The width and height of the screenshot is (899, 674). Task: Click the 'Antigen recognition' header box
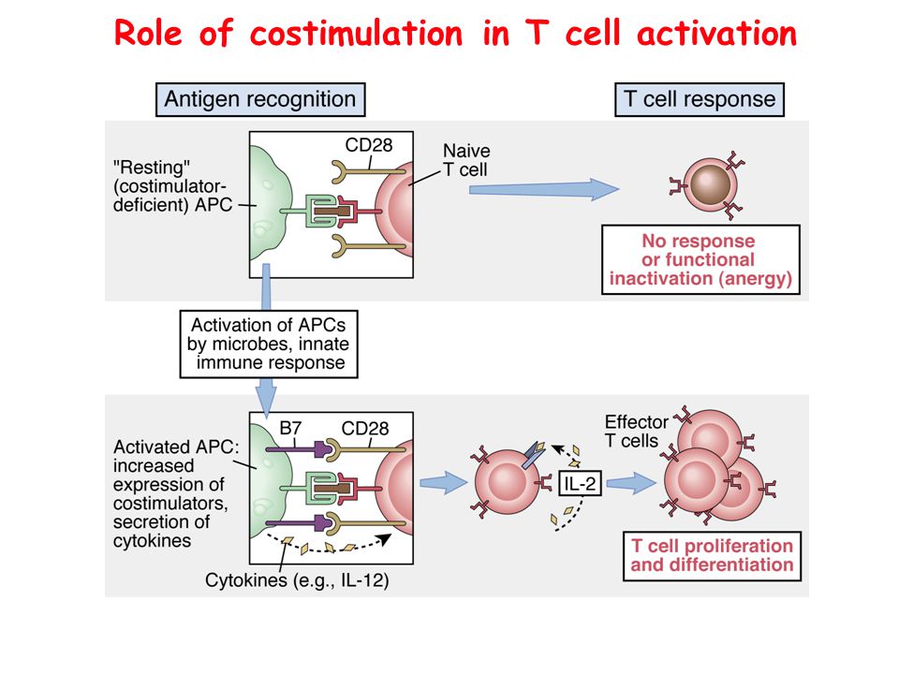pyautogui.click(x=260, y=100)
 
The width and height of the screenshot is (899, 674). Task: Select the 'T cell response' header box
pyautogui.click(x=699, y=100)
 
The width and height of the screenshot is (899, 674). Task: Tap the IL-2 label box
pyautogui.click(x=580, y=483)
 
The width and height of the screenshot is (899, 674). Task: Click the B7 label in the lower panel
pyautogui.click(x=290, y=428)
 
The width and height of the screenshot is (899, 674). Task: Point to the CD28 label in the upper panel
pyautogui.click(x=369, y=145)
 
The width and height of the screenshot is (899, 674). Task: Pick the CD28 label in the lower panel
pyautogui.click(x=364, y=428)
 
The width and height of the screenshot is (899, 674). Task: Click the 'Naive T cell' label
pyautogui.click(x=466, y=160)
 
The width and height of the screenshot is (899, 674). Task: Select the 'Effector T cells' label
pyautogui.click(x=636, y=432)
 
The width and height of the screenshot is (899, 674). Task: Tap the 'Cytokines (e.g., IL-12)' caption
pyautogui.click(x=297, y=580)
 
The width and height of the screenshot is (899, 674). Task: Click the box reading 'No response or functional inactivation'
pyautogui.click(x=700, y=259)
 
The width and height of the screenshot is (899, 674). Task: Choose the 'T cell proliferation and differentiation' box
pyautogui.click(x=712, y=556)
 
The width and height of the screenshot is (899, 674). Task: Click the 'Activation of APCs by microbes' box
pyautogui.click(x=269, y=344)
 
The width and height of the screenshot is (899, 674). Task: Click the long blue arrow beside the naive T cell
pyautogui.click(x=544, y=189)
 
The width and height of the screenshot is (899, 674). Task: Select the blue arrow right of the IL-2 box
pyautogui.click(x=631, y=483)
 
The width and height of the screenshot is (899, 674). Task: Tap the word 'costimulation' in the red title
pyautogui.click(x=356, y=34)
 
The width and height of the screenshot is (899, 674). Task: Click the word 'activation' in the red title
pyautogui.click(x=716, y=34)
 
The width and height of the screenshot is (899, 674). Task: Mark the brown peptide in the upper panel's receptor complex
pyautogui.click(x=332, y=212)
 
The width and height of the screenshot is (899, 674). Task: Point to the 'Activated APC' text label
pyautogui.click(x=176, y=447)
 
